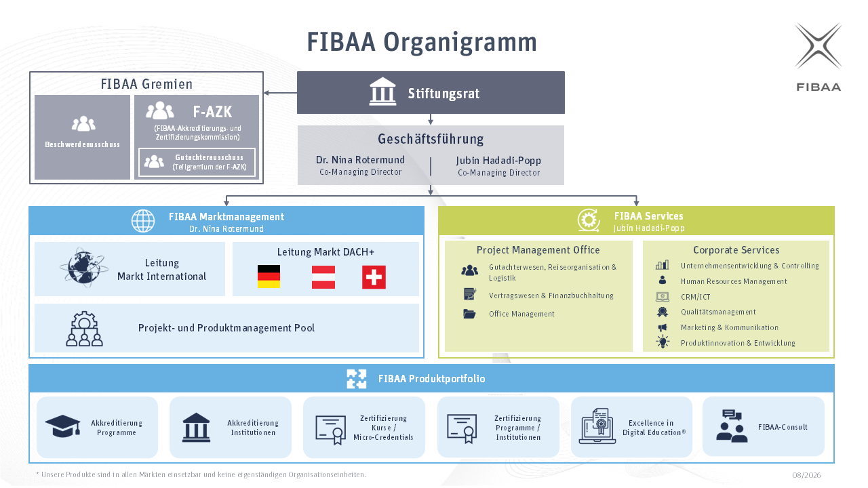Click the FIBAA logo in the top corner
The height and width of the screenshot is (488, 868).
(x=818, y=57)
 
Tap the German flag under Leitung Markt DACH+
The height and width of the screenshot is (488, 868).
(x=269, y=277)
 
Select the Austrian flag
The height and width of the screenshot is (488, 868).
(x=323, y=277)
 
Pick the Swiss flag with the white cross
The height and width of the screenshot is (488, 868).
(x=374, y=277)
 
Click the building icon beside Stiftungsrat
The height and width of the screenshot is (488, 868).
(x=382, y=91)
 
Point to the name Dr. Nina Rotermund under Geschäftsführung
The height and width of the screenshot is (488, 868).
(x=360, y=160)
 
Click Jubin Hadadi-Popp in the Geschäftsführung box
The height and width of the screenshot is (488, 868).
(x=498, y=161)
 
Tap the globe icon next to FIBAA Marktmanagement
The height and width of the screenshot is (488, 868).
(x=143, y=221)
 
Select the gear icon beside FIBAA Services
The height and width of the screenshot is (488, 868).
(x=589, y=220)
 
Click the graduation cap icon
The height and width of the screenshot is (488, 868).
(x=62, y=426)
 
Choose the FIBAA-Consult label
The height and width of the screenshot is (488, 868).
(x=783, y=427)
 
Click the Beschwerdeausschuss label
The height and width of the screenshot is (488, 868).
(x=83, y=144)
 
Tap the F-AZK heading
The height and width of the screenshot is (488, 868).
(x=212, y=112)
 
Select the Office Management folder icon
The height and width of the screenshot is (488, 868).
(x=469, y=314)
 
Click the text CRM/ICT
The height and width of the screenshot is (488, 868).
(x=696, y=297)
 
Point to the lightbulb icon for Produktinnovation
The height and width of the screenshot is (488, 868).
(x=663, y=342)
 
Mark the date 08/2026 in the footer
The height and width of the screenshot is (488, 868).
(x=806, y=475)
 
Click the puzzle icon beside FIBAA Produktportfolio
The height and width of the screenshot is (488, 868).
(x=357, y=378)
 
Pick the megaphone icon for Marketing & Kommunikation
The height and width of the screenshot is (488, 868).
(x=663, y=327)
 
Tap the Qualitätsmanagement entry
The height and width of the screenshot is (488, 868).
(x=718, y=312)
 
